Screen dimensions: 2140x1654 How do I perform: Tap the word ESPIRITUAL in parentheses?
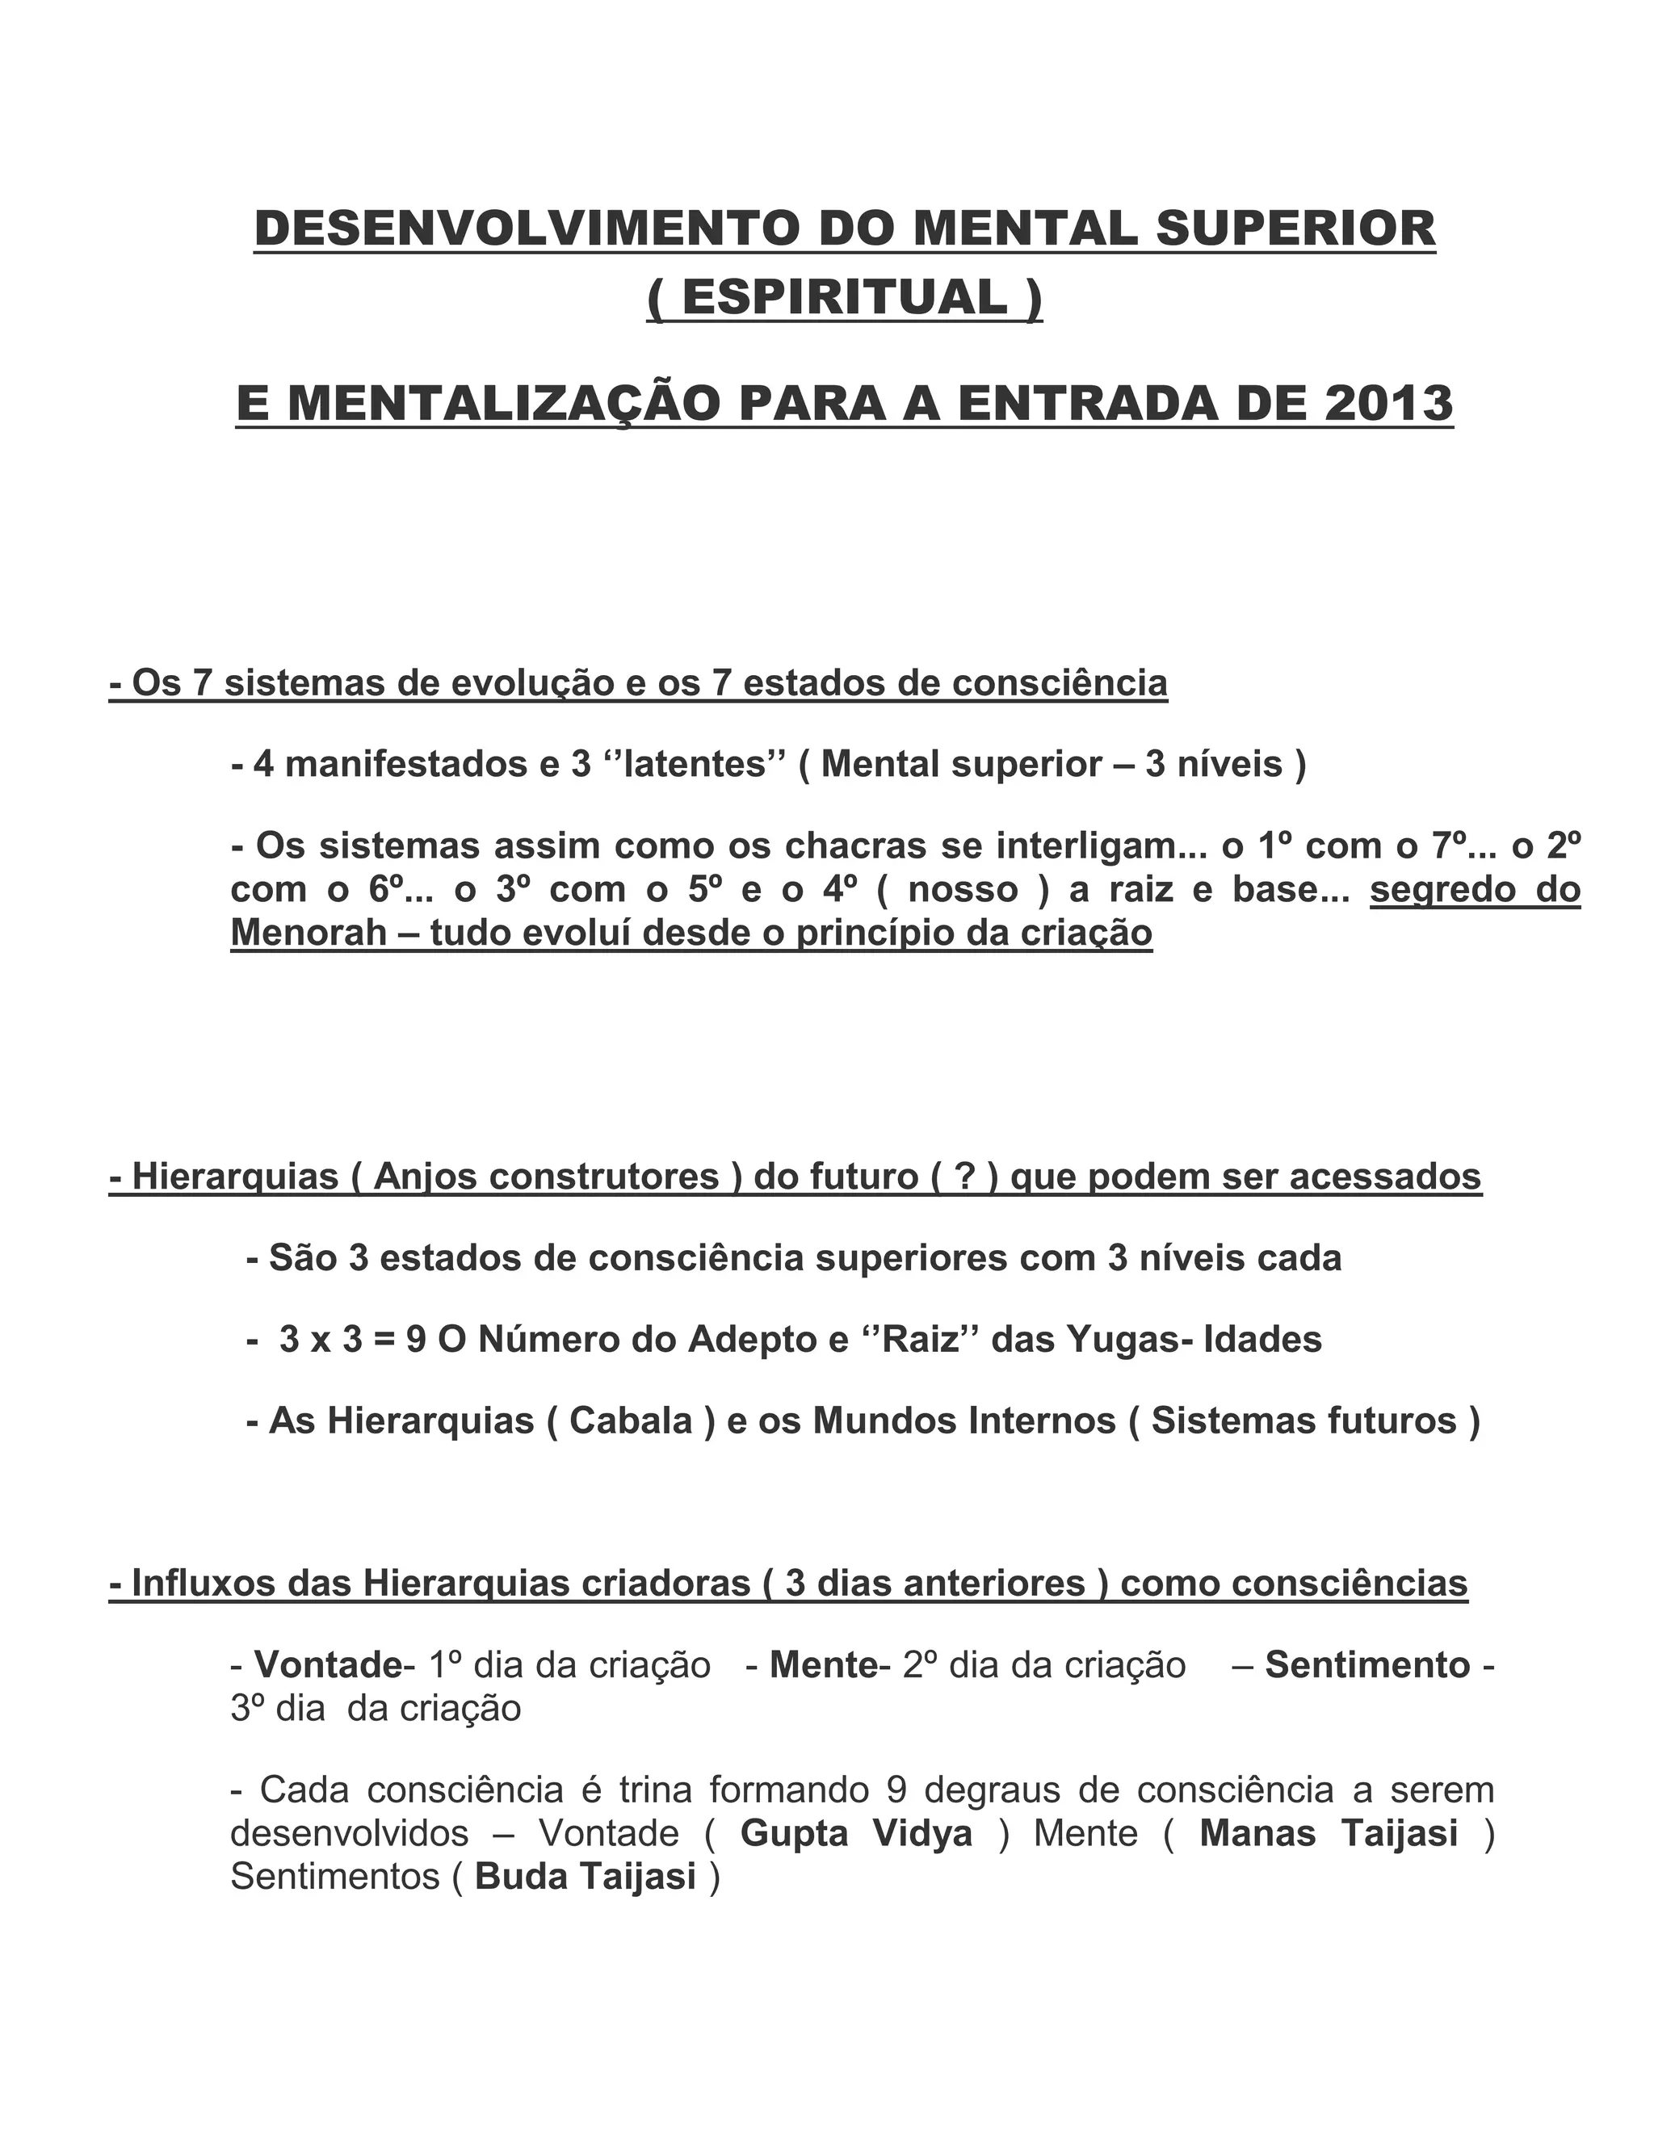click(x=844, y=297)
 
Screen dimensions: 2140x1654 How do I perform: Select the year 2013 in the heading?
click(x=1388, y=403)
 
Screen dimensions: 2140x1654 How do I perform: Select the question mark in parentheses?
click(x=964, y=1177)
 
